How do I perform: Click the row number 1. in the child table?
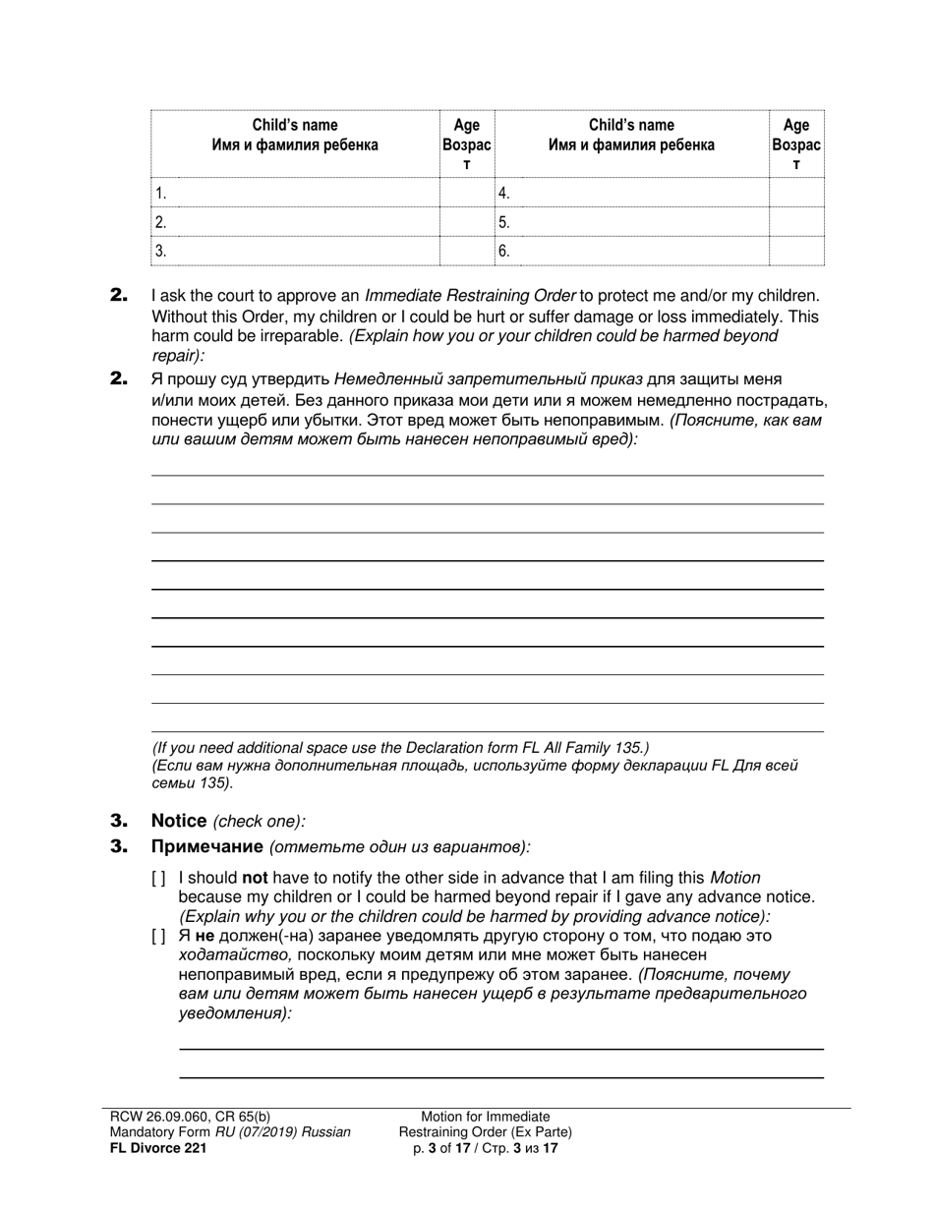(161, 194)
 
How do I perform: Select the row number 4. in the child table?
(503, 194)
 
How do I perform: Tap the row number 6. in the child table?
(503, 251)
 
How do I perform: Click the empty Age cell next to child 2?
(466, 222)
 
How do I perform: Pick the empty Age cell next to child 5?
(795, 222)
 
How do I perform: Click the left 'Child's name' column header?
(294, 135)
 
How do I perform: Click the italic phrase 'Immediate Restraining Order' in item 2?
(470, 295)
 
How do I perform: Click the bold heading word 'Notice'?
(178, 821)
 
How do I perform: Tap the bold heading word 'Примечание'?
(206, 846)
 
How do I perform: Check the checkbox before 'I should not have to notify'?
(158, 878)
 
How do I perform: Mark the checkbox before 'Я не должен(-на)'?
(158, 937)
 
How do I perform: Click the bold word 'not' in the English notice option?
(255, 878)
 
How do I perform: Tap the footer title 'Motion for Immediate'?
(485, 1117)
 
